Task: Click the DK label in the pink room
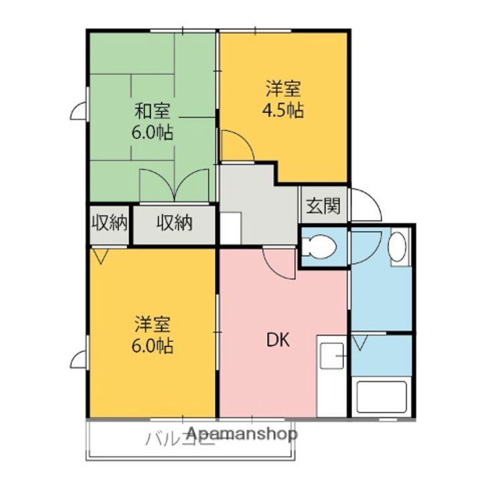(278, 340)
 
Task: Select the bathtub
(381, 398)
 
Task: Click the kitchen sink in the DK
(331, 355)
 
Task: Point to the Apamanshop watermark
(242, 434)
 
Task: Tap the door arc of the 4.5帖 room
(236, 147)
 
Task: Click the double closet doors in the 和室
(174, 185)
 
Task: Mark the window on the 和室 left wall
(79, 110)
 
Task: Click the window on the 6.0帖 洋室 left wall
(79, 359)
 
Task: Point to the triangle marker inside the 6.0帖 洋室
(101, 256)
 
